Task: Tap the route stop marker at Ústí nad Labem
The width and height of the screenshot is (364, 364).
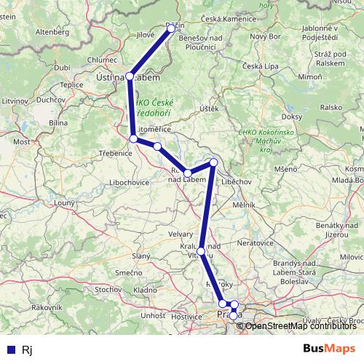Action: pyautogui.click(x=130, y=76)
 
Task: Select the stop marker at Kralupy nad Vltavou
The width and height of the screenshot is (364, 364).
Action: pyautogui.click(x=201, y=250)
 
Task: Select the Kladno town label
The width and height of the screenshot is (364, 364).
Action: pyautogui.click(x=146, y=290)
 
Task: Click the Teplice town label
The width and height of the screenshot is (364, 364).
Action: pyautogui.click(x=71, y=84)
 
